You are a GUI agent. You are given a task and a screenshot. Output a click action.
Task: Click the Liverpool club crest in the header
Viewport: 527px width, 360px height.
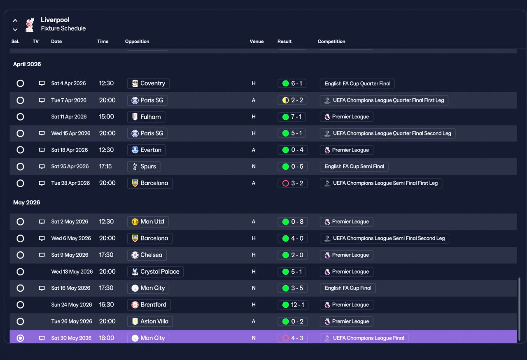[x=30, y=25]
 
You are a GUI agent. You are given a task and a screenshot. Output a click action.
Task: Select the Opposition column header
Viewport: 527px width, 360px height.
[x=137, y=42]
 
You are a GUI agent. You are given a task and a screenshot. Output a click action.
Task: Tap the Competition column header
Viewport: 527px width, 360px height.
[x=331, y=42]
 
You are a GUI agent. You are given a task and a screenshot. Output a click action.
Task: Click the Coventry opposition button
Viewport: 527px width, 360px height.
[x=148, y=83]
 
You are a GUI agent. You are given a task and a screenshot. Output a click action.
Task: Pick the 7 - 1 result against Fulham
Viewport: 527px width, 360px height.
[x=292, y=116]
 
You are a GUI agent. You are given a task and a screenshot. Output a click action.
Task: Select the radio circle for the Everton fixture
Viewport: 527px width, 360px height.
[x=20, y=150]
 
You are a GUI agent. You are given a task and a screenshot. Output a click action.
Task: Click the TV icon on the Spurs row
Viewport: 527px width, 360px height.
[x=42, y=167]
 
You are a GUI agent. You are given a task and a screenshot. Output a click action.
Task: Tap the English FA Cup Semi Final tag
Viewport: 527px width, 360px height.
[x=354, y=167]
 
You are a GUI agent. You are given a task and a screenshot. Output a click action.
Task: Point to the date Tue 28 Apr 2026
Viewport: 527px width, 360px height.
[x=70, y=183]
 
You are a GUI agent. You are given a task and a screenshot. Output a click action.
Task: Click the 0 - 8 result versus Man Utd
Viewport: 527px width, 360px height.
[x=292, y=221]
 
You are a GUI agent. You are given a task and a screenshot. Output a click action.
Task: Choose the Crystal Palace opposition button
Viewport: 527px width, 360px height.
[x=155, y=272]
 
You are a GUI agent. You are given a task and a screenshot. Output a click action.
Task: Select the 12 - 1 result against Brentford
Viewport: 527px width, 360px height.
[x=293, y=305]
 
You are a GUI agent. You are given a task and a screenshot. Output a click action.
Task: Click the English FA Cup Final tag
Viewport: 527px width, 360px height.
[x=348, y=288]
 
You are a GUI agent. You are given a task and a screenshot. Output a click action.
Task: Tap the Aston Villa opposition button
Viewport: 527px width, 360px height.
[x=150, y=321]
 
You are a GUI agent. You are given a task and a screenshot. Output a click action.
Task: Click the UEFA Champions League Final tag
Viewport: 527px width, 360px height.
[x=364, y=338]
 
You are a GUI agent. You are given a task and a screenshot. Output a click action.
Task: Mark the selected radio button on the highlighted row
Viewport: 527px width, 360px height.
[x=20, y=338]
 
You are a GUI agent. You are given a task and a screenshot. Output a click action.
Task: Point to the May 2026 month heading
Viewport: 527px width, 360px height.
[x=27, y=202]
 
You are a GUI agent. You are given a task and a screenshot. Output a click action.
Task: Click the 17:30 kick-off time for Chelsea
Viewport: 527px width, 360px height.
[x=106, y=255]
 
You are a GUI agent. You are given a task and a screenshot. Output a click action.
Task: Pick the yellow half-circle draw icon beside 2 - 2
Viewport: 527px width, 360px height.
[x=285, y=100]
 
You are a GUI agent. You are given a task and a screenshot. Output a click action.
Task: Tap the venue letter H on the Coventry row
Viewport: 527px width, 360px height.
[x=254, y=83]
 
